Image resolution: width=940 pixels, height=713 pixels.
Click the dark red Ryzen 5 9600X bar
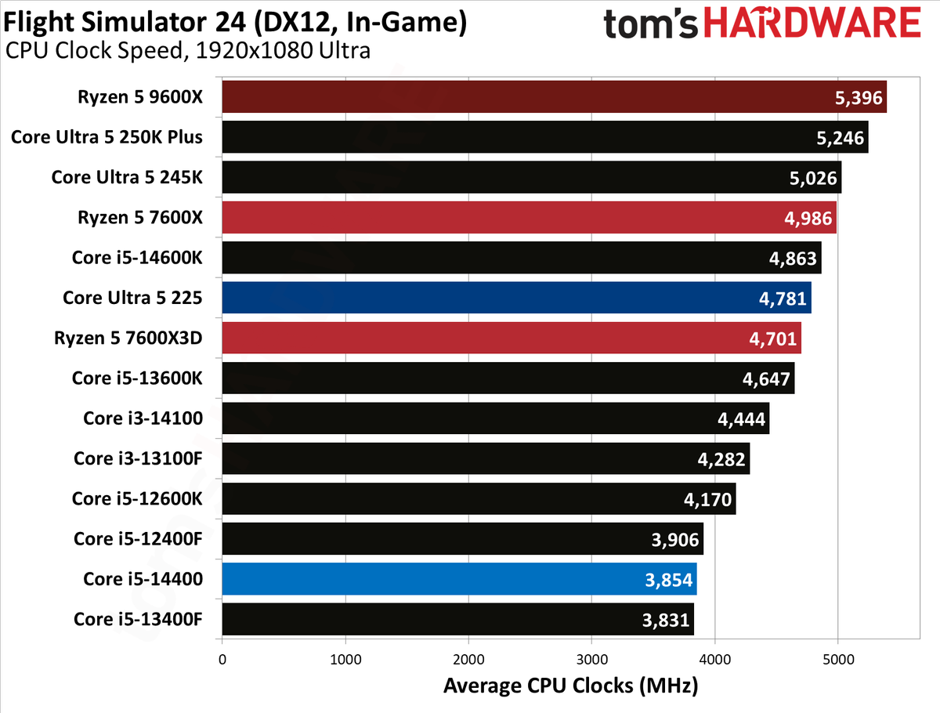point(554,97)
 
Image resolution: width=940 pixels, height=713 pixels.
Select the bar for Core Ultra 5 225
point(516,298)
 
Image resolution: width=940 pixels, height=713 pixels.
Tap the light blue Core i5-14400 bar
point(459,579)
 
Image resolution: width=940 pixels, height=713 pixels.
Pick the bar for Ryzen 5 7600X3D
point(512,338)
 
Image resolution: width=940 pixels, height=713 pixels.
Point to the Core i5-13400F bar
point(457,619)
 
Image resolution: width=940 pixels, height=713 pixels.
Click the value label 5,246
point(840,138)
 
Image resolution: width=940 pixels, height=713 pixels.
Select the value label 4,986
point(808,219)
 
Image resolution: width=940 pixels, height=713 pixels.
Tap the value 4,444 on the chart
point(741,419)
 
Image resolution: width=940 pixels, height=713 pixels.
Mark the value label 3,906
point(675,540)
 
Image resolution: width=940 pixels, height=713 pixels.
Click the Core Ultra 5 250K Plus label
point(107,137)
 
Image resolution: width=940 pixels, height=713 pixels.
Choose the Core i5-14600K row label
point(137,258)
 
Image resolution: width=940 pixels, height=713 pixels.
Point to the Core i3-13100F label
point(138,458)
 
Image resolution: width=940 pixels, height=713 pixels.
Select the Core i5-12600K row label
point(137,498)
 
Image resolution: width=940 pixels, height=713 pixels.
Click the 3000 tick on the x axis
point(592,659)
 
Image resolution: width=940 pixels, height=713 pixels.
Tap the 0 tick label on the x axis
point(222,659)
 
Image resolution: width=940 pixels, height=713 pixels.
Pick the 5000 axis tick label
point(838,659)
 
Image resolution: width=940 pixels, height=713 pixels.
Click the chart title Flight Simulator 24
point(125,21)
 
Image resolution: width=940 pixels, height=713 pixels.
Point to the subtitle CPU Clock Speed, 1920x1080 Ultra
point(187,50)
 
